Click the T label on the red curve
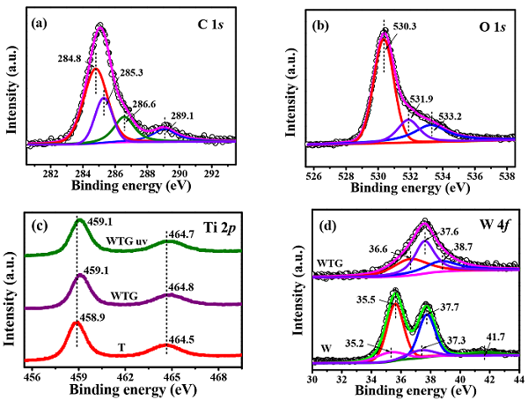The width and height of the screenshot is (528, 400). (x=120, y=347)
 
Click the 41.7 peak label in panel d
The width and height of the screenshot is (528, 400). (x=487, y=335)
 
